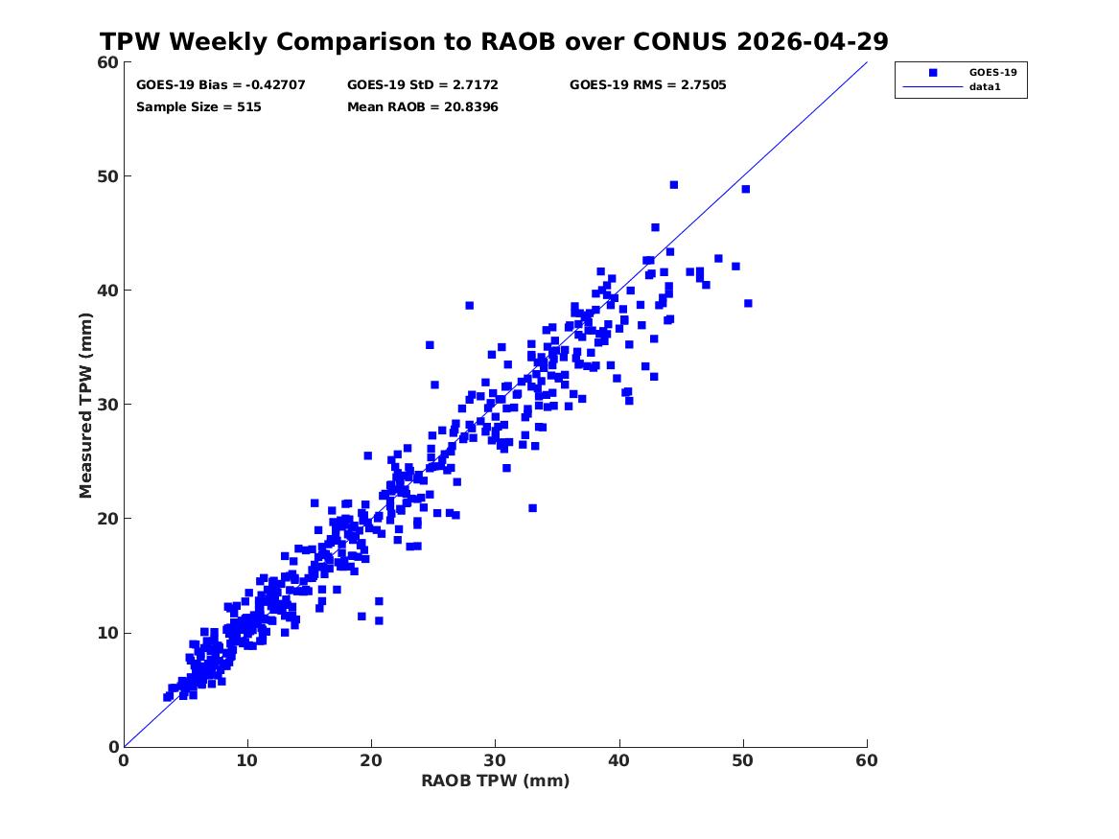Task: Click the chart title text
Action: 494,41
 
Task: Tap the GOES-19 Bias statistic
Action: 221,85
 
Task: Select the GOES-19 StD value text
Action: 423,85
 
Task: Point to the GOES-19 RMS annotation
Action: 647,85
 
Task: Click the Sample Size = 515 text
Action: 198,107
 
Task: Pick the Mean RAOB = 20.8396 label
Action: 423,107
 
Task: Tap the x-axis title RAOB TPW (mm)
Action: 496,781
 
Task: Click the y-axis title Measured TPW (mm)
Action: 85,406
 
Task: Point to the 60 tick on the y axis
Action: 107,62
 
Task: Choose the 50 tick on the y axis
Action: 107,176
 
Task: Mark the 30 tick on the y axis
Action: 107,405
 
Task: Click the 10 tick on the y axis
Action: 107,633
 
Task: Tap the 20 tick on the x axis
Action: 371,760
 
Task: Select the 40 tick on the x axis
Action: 618,760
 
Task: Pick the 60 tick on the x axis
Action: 867,760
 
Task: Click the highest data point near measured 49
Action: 674,185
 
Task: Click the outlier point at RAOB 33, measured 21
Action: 532,508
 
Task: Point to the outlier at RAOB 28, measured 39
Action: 470,305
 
